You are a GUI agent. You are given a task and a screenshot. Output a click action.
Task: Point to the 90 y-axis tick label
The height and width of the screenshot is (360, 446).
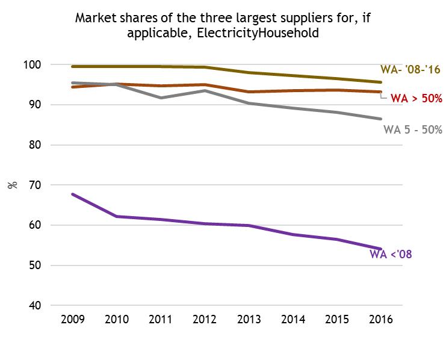(x=51, y=105)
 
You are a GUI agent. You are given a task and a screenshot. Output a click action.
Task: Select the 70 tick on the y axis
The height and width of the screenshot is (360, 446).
(x=51, y=185)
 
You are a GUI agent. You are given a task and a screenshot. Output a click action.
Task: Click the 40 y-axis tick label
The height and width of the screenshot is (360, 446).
(x=51, y=306)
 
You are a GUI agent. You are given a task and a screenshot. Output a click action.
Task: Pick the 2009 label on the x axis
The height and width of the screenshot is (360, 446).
(x=72, y=320)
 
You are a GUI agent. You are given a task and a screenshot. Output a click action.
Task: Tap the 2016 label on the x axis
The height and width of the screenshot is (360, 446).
(x=380, y=320)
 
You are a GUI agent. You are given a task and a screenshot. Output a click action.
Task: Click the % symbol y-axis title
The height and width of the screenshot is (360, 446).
(x=13, y=185)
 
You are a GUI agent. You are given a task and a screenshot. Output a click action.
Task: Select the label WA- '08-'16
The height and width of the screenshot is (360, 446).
(x=410, y=70)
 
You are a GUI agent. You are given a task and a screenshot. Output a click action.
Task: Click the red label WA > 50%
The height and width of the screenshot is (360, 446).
(x=417, y=98)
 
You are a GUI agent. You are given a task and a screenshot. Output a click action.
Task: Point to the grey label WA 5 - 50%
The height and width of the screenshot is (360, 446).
(x=413, y=129)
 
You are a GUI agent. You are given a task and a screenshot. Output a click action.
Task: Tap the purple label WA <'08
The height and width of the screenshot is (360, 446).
(x=390, y=254)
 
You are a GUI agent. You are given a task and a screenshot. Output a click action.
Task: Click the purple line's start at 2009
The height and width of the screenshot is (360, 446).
(x=72, y=194)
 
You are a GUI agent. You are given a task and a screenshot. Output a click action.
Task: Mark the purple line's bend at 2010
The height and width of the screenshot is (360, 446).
(x=116, y=216)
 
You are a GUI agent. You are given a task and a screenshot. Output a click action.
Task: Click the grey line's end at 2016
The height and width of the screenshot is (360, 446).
(x=380, y=119)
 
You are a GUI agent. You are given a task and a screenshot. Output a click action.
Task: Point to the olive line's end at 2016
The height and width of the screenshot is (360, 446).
(x=380, y=82)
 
